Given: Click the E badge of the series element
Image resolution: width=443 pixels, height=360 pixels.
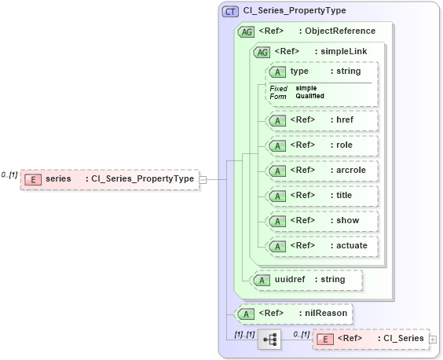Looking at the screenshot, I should (x=33, y=179).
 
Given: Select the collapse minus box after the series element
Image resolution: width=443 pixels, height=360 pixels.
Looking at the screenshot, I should (x=203, y=179).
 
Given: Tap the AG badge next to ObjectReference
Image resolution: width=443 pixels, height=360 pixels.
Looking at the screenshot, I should (x=247, y=31).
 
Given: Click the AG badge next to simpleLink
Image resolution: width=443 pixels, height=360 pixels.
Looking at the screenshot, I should (x=262, y=51).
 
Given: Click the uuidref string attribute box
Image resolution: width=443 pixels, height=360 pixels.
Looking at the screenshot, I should (x=305, y=279).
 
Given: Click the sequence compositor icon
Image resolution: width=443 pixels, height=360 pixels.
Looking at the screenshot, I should (x=269, y=340).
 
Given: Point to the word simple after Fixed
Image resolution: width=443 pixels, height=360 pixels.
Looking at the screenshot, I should (x=306, y=88).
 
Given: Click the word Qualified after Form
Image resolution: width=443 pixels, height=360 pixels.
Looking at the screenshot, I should (x=309, y=96).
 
